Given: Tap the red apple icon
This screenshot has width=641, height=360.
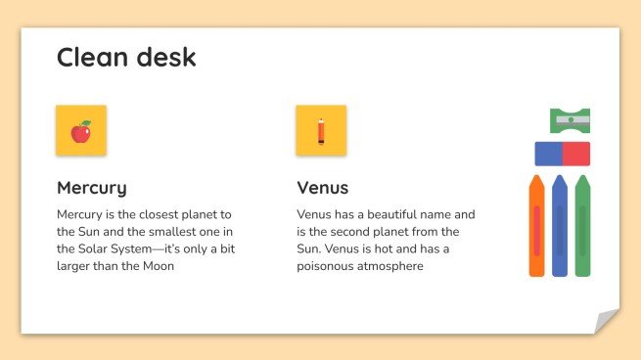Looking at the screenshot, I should pos(80,131).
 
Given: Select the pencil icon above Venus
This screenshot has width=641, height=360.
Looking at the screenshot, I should pos(320,131).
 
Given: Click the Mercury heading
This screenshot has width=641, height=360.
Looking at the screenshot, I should pos(91,188).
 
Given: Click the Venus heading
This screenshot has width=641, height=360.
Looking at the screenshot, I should pos(322,188).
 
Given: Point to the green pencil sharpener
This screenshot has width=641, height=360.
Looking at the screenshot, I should pos(571,120).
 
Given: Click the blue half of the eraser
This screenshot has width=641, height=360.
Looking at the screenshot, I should pos(548,154).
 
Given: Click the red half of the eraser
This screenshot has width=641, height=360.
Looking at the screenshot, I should pos(576,154).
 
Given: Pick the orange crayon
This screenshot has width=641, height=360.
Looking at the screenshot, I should pos(536,227).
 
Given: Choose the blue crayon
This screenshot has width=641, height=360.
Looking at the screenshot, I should pos(560,227).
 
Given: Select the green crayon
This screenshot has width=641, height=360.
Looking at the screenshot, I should pos(582,227).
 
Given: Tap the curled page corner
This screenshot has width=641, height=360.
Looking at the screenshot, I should pos(607,321).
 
